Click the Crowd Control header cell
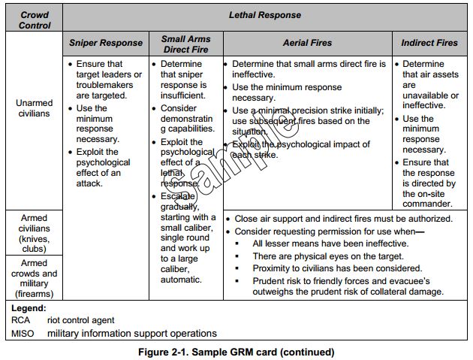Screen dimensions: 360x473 point(35,20)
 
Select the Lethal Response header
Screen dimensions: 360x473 point(264,14)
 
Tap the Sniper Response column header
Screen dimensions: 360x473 point(105,43)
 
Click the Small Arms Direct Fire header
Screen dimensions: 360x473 point(186,43)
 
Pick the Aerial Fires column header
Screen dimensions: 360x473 point(307,43)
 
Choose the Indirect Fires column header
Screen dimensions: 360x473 point(429,43)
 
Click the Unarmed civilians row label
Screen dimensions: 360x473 point(35,107)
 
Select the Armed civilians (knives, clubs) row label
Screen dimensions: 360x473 point(35,233)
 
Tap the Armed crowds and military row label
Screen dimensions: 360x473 point(35,279)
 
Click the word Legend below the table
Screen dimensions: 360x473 point(29,308)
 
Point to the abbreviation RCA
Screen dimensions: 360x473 point(22,320)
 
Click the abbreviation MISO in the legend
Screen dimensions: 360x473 point(23,333)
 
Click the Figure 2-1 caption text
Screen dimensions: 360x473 point(236,352)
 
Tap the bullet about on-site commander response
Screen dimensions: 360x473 point(428,183)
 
